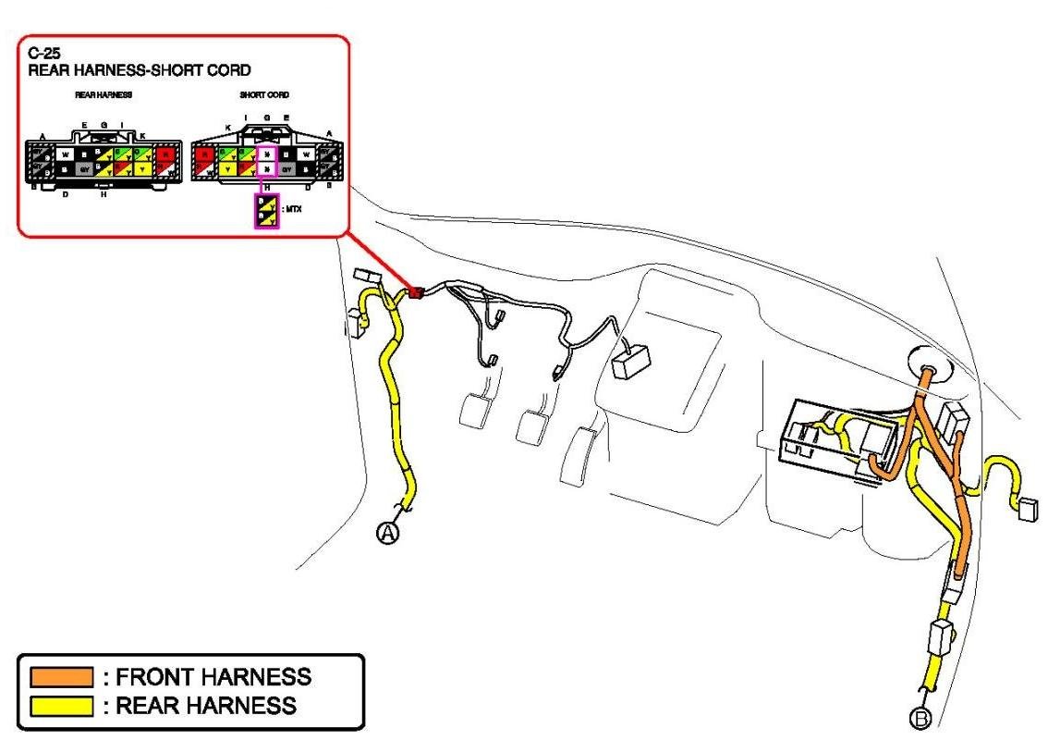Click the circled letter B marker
(x=920, y=718)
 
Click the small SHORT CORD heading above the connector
(x=265, y=95)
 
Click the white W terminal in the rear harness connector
(x=65, y=153)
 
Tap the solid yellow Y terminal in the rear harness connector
(x=142, y=169)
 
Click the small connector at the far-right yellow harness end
(x=1027, y=509)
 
